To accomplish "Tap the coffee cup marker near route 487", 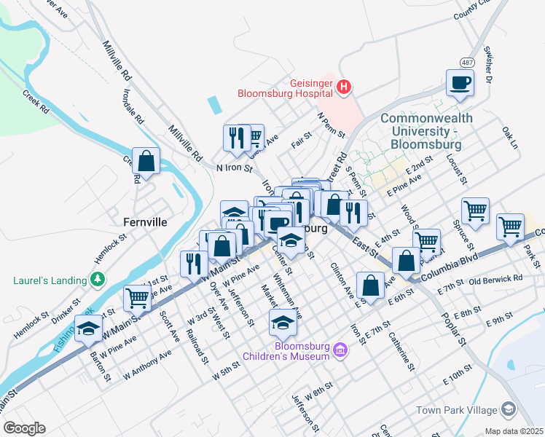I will [x=460, y=82].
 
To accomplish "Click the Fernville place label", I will [x=145, y=221].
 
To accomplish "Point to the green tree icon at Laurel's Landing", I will [x=96, y=280].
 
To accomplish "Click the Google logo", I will [x=24, y=428].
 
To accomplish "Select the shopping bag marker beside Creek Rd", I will [x=146, y=162].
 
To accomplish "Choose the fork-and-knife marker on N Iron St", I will [x=236, y=137].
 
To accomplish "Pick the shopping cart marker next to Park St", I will [x=510, y=226].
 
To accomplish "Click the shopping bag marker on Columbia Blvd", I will [x=406, y=260].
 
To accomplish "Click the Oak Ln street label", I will [x=509, y=137].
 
